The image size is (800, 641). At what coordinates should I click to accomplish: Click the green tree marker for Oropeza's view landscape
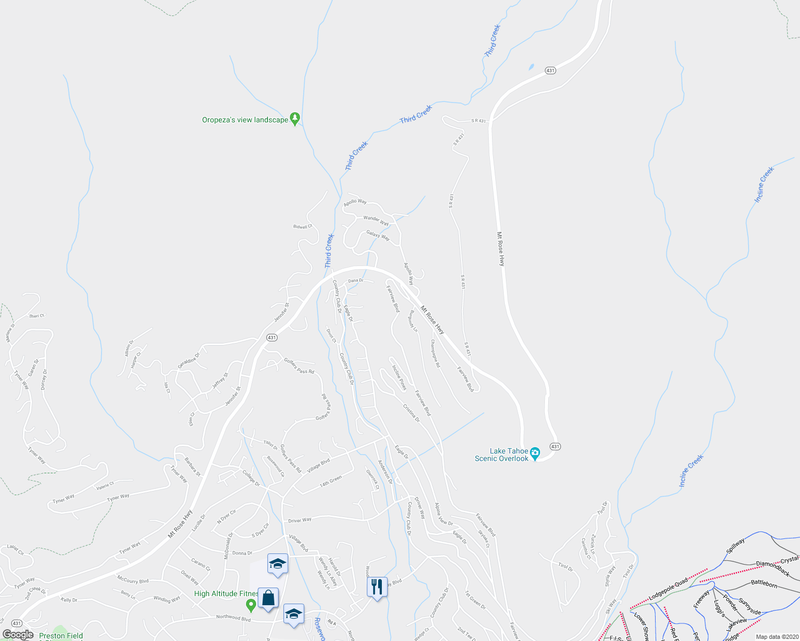295,118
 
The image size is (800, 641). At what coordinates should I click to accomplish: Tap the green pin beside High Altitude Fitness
250,605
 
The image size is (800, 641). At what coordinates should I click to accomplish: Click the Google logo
18,635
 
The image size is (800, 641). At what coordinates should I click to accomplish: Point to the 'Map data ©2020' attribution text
775,637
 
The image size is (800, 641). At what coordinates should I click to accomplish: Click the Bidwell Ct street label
303,226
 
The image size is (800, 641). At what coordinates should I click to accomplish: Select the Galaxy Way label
378,234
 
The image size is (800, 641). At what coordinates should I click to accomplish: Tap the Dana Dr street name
355,280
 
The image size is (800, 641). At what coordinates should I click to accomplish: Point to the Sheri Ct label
36,316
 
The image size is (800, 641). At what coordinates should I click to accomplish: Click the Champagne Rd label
435,354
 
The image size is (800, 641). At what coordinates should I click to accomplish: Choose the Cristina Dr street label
411,413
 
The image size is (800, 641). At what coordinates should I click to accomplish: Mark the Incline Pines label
399,378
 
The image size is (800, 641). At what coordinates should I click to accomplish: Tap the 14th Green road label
330,481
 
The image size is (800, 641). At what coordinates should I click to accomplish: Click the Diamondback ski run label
772,568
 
